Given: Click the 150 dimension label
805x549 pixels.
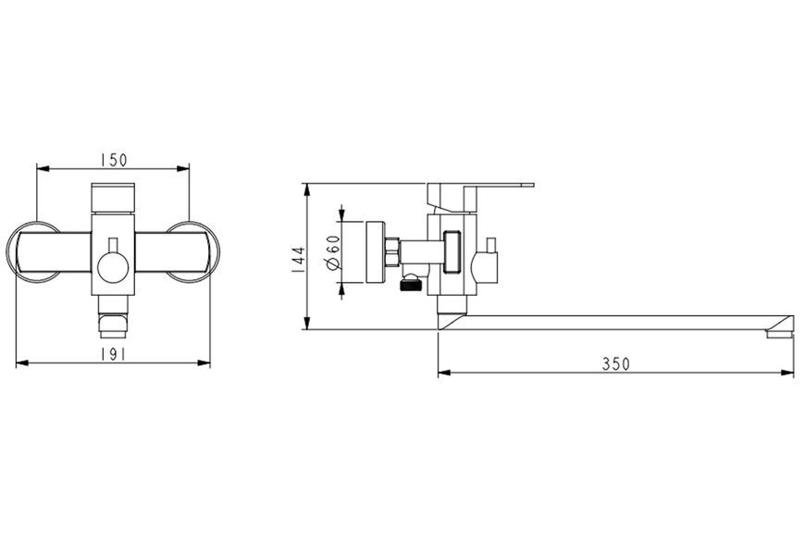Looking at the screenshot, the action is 114,160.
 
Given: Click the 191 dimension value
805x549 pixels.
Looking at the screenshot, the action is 113,354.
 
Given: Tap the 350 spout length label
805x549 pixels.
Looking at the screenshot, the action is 615,363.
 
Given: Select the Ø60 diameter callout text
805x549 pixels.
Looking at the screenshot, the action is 333,252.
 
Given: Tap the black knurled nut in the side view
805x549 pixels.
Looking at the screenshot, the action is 410,283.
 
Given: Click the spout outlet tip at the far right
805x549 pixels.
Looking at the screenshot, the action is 779,334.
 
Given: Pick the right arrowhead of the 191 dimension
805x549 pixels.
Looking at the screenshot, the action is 204,363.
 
